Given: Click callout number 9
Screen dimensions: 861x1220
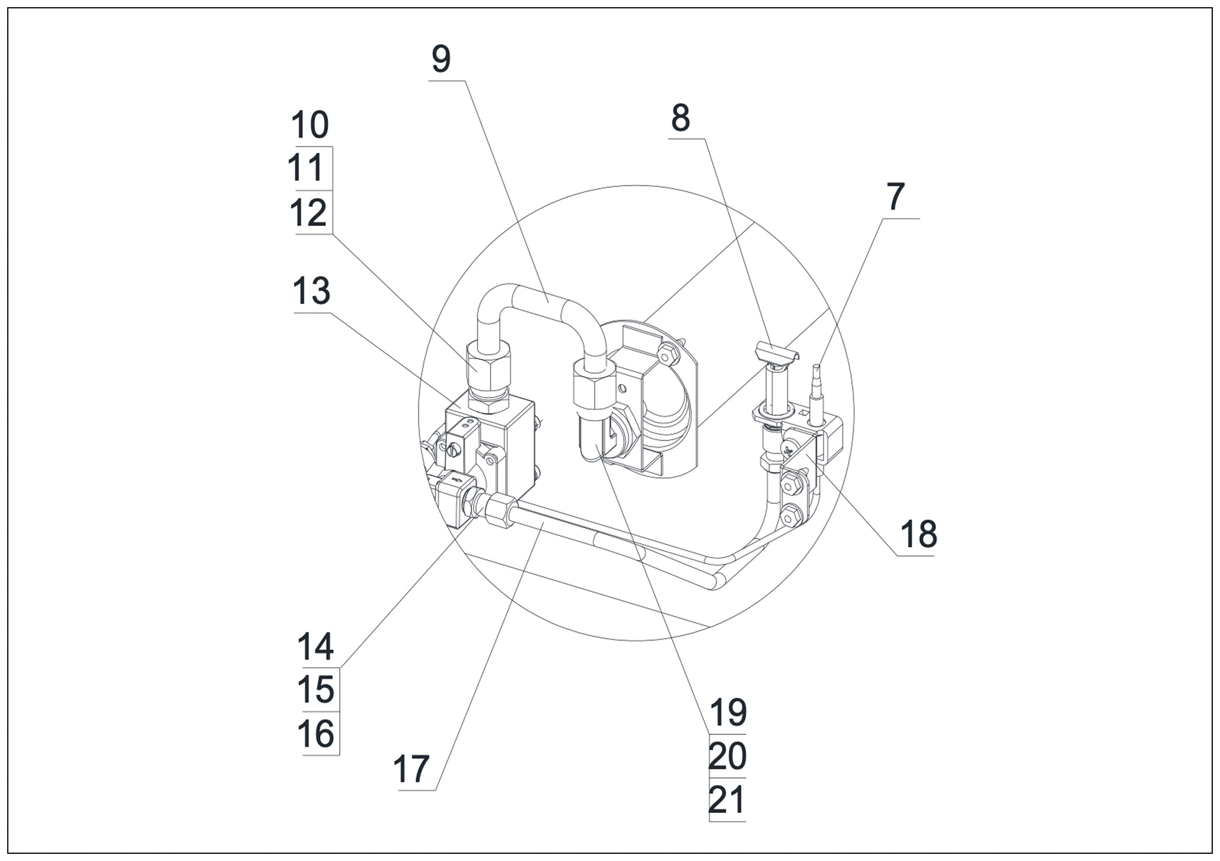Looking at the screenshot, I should click(x=441, y=59).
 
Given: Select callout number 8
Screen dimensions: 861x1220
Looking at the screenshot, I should click(x=680, y=118).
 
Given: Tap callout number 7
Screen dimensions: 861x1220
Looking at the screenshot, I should click(x=896, y=197).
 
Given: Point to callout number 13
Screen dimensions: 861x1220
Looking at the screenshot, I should click(x=312, y=291).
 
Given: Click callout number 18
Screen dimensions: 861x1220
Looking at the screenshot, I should click(x=919, y=534).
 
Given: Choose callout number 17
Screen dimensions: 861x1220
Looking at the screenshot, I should click(x=411, y=769).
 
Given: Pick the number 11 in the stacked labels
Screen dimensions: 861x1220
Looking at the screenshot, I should click(x=306, y=168).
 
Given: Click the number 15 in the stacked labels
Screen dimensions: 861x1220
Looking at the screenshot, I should click(x=316, y=689).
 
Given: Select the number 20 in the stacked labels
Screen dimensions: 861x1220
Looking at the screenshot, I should click(x=727, y=756).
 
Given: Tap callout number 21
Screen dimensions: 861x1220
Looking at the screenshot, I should click(x=727, y=800).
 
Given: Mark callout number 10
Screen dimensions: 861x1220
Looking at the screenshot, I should click(x=310, y=126).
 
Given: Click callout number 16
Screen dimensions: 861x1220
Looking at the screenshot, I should click(x=316, y=733).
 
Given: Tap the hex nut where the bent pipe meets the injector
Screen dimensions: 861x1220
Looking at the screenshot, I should click(x=594, y=390).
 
